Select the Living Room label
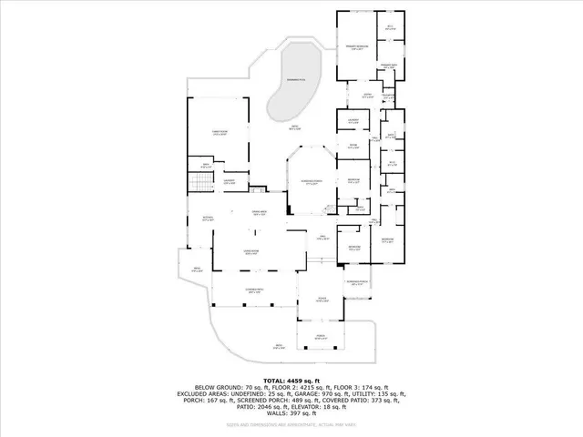coord(251,252)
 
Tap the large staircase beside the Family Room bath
coord(199,187)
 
